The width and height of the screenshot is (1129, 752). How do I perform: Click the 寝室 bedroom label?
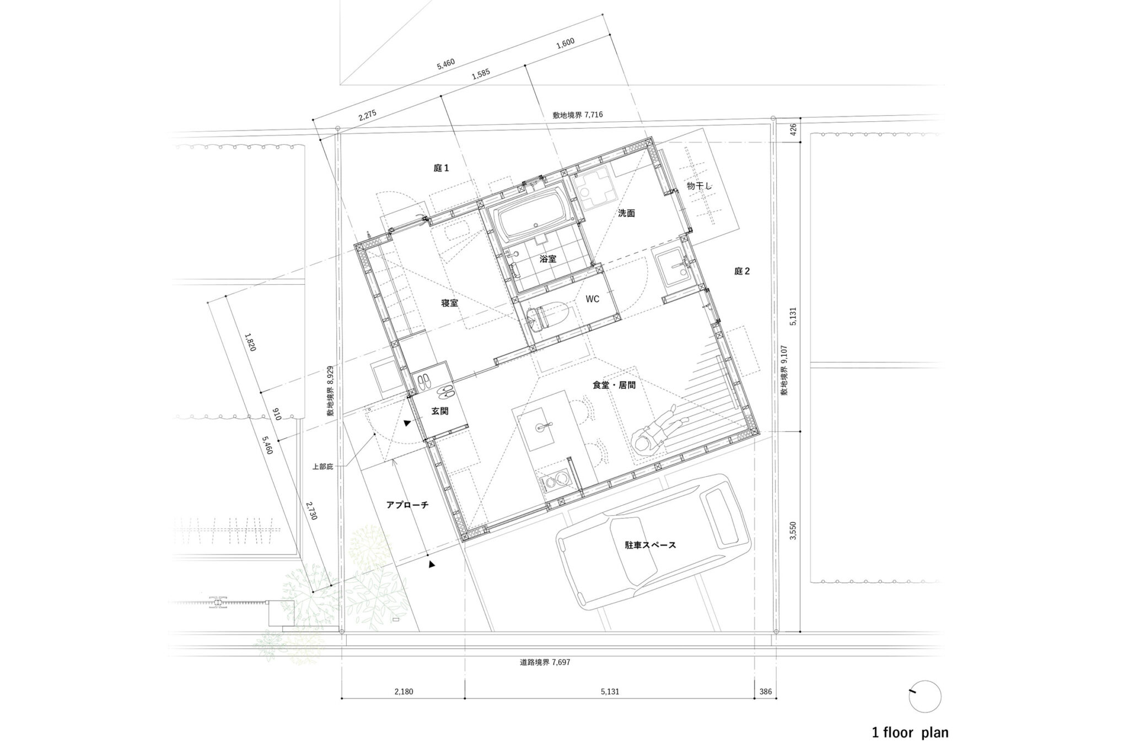click(x=449, y=303)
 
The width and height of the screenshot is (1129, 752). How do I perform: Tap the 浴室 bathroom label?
click(x=548, y=258)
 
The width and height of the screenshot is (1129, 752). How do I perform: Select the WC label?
click(x=593, y=299)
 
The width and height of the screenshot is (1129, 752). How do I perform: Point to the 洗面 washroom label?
click(x=626, y=213)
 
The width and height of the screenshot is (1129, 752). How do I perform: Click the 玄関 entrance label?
click(x=440, y=410)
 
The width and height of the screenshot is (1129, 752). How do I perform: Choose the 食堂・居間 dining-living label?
click(x=614, y=385)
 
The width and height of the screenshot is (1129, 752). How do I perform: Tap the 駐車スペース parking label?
click(x=650, y=545)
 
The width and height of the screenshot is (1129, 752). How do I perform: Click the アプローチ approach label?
click(x=407, y=504)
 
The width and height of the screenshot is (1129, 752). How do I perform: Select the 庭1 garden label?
click(x=441, y=168)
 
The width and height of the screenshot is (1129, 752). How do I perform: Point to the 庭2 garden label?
click(x=742, y=271)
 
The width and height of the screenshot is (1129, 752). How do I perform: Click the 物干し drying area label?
click(x=700, y=186)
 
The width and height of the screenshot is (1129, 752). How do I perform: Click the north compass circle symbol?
click(x=925, y=696)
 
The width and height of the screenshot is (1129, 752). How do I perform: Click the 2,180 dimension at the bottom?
click(x=403, y=691)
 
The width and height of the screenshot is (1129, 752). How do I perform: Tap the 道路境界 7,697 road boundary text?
click(x=545, y=662)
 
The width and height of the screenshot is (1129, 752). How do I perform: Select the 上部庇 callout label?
click(x=323, y=467)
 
